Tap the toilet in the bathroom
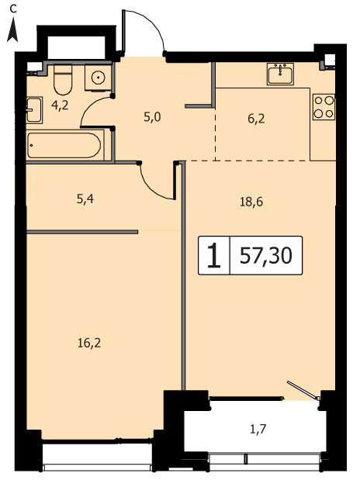point(63,80)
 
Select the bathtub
point(64,145)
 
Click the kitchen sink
point(280,74)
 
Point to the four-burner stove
point(324,107)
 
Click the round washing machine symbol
point(98,78)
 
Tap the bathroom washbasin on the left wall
point(34,110)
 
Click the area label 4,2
point(60,106)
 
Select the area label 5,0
point(152,117)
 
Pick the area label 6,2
point(256,119)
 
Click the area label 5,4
point(85,199)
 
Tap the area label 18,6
point(251,202)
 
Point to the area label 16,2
point(89,344)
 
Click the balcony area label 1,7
point(258,430)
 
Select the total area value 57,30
point(266,255)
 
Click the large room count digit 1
point(213,255)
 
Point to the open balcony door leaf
point(303,390)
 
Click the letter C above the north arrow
point(12,9)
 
